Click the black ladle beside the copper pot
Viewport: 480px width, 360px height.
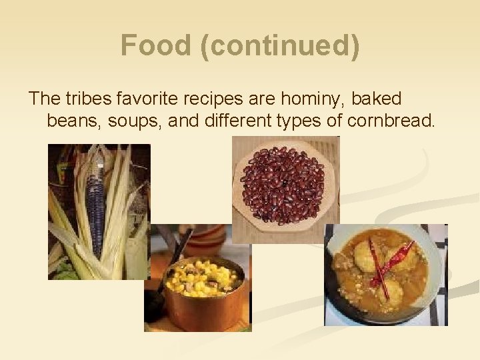tap(160, 293)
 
